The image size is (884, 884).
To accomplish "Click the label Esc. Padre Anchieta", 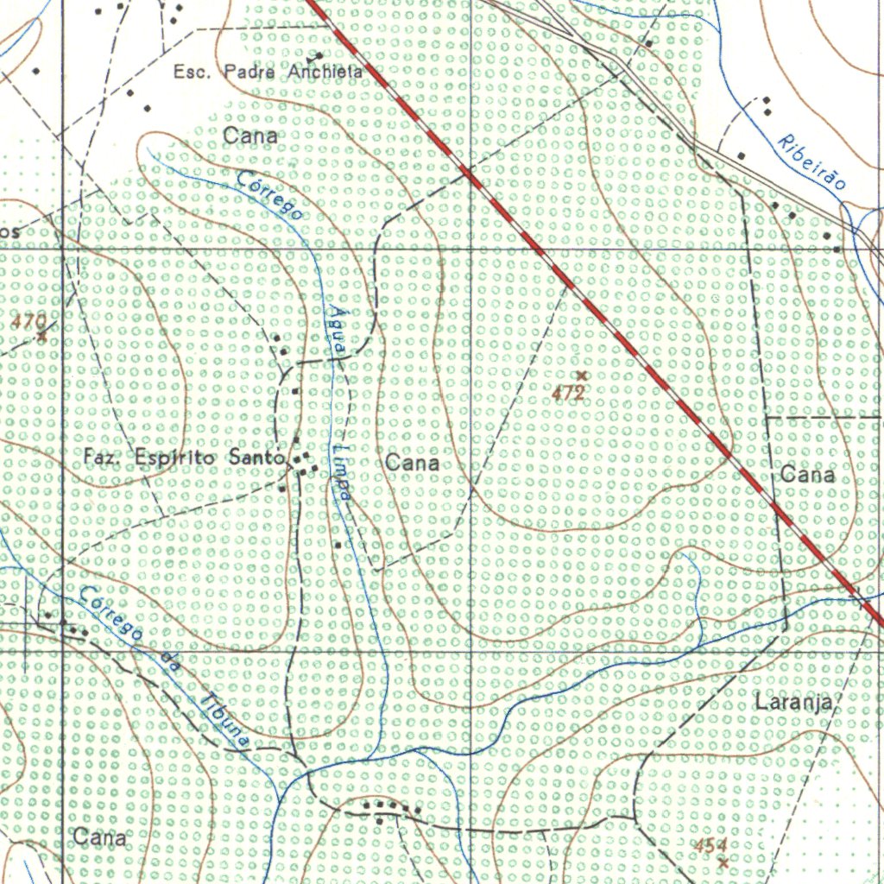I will pos(268,73).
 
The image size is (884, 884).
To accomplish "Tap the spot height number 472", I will pos(569,394).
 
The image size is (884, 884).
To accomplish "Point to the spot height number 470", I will pos(28,322).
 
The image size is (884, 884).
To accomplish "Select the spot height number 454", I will pos(711,845).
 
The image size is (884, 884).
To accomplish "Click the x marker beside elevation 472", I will pos(582,376).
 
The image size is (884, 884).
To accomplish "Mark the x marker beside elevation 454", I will pos(723,862).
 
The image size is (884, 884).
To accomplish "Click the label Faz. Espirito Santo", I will pos(185,458).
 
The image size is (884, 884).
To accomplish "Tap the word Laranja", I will pos(793,702).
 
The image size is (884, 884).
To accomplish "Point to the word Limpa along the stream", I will pos(342,473).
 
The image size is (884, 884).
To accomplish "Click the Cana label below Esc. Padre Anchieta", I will pos(250,136).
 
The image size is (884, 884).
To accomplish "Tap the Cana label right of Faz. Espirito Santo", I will pos(412,464).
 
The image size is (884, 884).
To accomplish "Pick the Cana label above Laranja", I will pos(807,475).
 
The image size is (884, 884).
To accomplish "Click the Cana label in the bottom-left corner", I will pos(99,837).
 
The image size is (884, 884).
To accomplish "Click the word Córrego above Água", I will pos(269,196).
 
